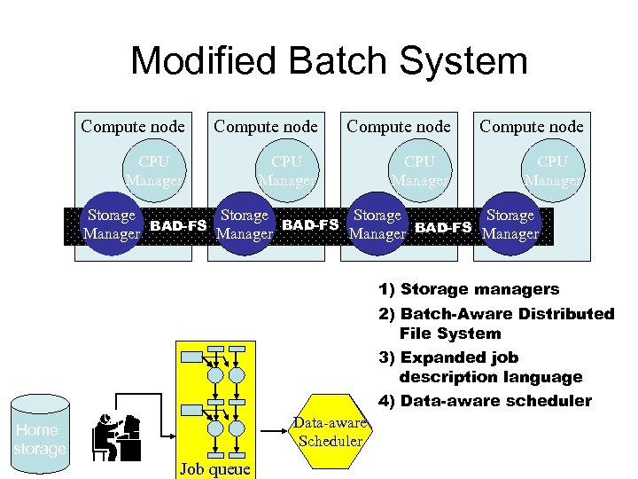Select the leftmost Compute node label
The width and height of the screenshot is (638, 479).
coord(133,126)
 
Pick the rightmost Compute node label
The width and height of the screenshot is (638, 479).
coord(532,126)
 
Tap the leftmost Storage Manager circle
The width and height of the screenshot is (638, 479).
coord(111,224)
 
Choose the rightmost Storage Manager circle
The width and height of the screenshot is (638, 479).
coord(510,224)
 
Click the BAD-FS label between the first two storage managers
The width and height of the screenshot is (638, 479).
coord(178,225)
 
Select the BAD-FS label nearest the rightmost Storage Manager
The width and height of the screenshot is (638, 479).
coord(443,227)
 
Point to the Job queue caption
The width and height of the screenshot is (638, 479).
coord(215,468)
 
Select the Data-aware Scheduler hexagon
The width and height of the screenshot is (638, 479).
coord(331,432)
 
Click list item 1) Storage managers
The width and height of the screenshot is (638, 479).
coord(469,289)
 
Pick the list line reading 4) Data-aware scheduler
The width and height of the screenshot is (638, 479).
coord(485,401)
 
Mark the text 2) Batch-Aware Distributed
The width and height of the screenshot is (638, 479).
coord(495,313)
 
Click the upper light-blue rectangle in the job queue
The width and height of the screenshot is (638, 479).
coord(191,357)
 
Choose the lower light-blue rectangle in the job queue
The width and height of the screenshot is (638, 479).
coord(191,411)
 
